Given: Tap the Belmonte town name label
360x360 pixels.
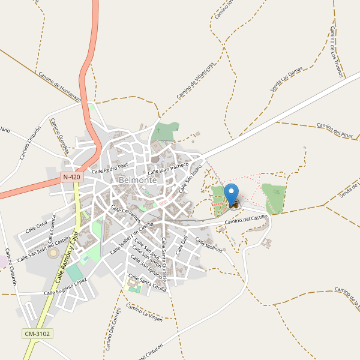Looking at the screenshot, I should coord(138,180).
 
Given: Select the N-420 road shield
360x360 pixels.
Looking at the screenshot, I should coord(71,177).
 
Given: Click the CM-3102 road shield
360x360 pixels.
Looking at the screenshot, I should coord(37,334).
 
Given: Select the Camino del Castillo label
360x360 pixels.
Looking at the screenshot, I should coord(246,220).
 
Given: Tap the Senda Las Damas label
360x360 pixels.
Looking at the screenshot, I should coord(286,79).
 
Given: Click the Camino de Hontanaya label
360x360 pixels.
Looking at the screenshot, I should coord(59,88).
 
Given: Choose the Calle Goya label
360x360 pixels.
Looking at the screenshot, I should coord(37,226).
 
